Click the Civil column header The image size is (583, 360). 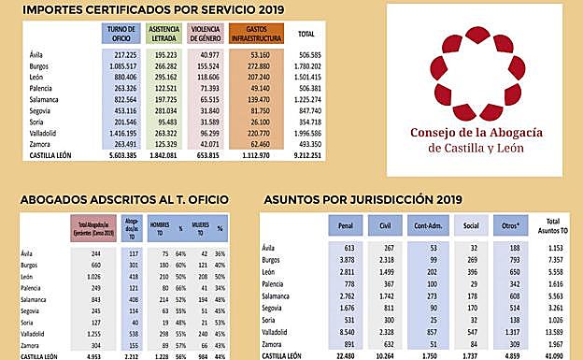point(384,226)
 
